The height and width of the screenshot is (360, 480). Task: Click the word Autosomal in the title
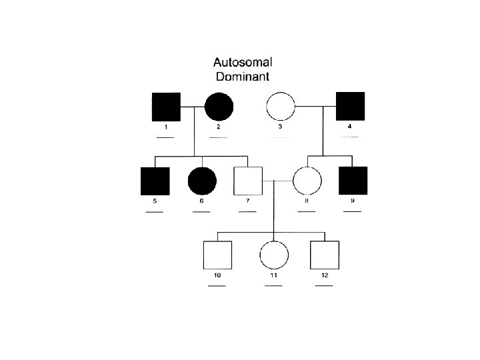click(242, 63)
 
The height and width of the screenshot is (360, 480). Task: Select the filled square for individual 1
click(166, 106)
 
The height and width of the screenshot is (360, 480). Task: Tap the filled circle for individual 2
click(219, 106)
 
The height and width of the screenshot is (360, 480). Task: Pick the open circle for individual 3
click(281, 106)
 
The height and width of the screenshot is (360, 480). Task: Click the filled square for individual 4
click(350, 106)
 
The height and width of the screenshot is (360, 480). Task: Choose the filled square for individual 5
click(155, 181)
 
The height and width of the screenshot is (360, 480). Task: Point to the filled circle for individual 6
click(202, 181)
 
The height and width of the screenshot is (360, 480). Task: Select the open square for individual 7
click(247, 181)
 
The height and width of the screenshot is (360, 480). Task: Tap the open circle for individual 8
click(307, 181)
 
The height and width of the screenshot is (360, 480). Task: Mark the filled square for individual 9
click(353, 181)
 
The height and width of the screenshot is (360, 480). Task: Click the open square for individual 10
click(217, 255)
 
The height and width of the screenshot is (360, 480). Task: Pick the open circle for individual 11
click(273, 255)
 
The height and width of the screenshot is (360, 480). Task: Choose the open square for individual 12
click(325, 255)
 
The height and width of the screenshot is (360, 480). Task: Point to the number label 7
click(247, 201)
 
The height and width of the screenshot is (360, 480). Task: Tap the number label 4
click(349, 126)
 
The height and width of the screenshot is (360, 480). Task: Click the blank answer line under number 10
click(217, 285)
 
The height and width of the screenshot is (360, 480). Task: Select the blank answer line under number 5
click(155, 212)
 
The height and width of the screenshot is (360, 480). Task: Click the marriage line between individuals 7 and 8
click(277, 181)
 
